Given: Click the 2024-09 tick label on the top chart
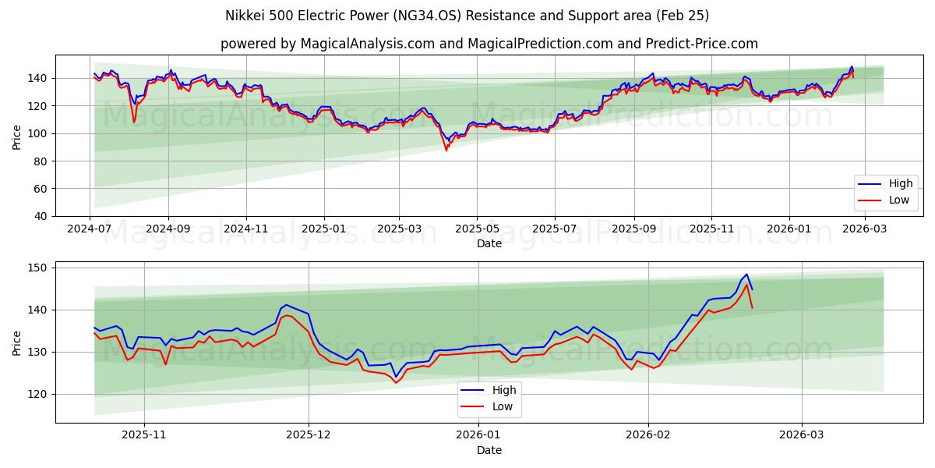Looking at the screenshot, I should pos(168,229).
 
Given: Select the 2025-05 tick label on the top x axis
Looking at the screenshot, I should pos(477,229).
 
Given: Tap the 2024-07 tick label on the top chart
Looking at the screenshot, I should pos(90,229).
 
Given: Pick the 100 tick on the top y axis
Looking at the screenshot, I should pos(37,133).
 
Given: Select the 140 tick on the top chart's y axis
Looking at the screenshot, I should pos(37,78).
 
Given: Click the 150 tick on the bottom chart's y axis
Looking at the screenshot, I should pos(37,268).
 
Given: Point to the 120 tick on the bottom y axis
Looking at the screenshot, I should pos(37,394).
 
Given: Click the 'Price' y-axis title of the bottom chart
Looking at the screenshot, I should pos(17,342).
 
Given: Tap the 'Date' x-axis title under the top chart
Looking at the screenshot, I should pos(489,243).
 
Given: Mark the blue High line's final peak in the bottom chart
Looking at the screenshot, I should pos(746,275).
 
